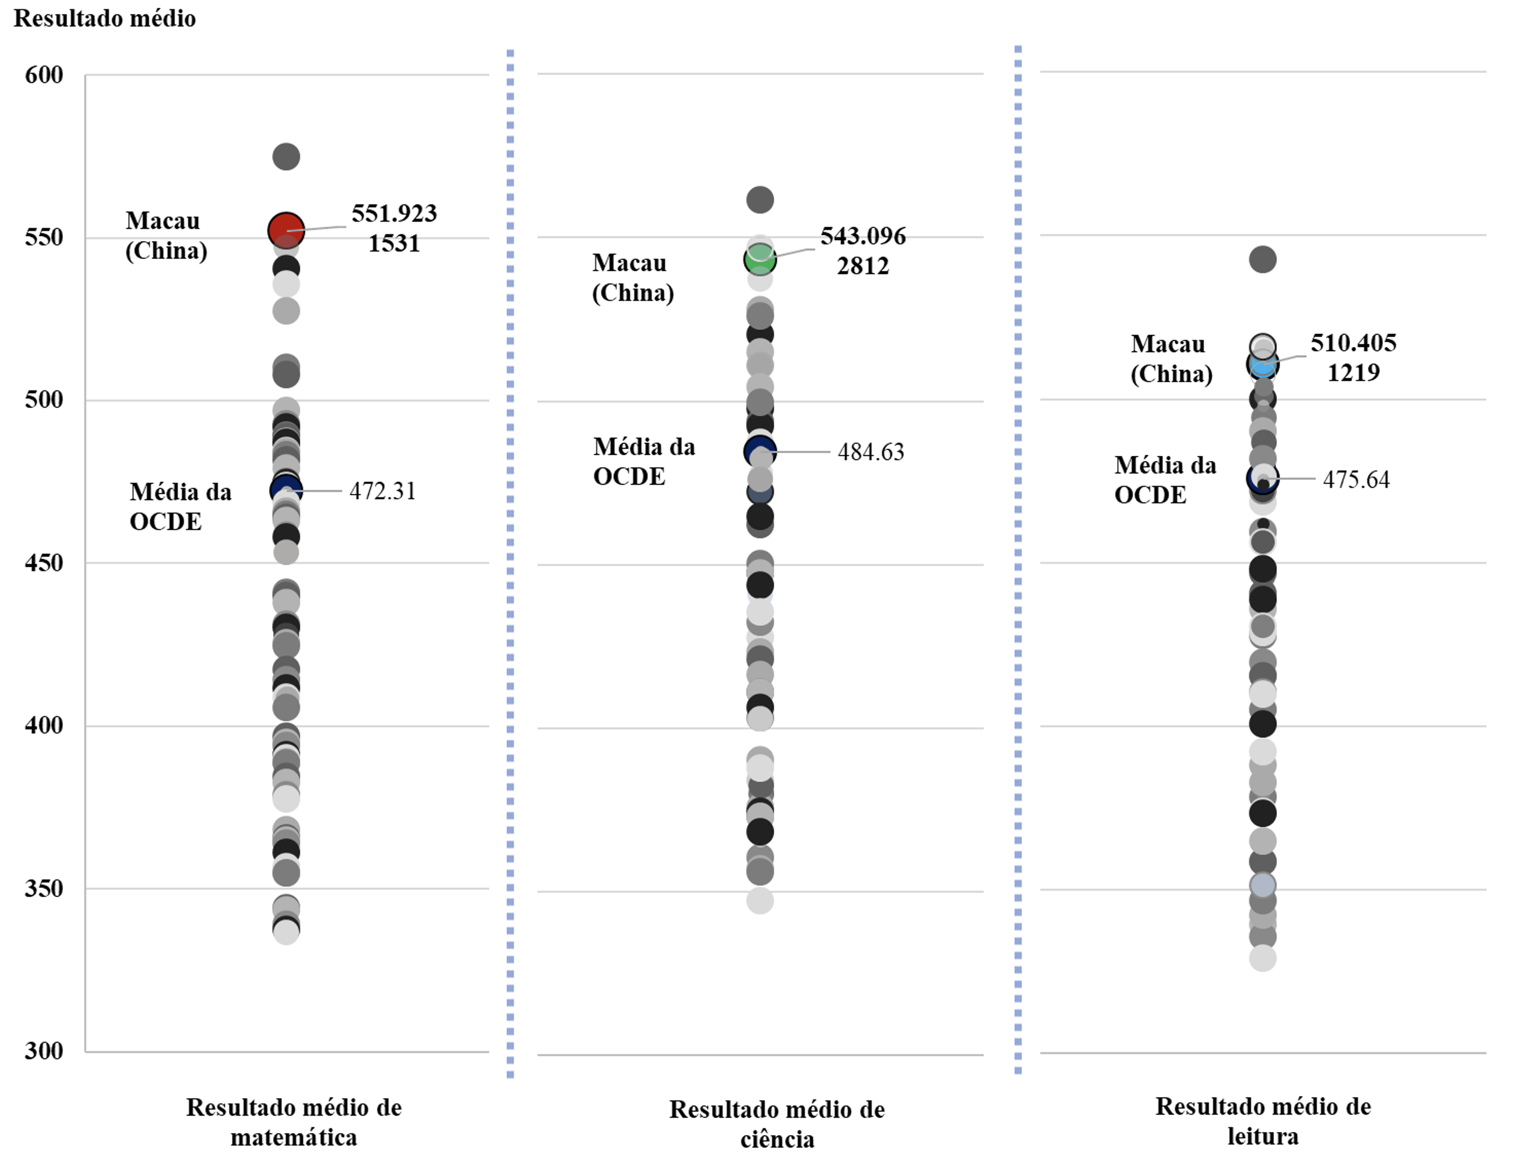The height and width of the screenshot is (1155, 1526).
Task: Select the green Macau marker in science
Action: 760,260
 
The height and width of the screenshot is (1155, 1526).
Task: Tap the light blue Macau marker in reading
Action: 1262,364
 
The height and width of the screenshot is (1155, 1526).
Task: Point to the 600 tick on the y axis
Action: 44,75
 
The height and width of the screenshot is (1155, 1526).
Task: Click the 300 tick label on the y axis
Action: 44,1051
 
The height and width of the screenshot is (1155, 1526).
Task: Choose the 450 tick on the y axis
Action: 44,562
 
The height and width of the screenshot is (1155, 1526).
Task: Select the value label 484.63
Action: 871,451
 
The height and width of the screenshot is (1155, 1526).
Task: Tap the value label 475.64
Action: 1355,479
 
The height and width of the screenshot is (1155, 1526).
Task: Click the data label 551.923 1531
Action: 394,228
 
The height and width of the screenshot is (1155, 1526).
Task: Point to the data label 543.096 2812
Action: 862,251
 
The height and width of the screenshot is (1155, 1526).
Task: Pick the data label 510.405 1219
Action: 1353,358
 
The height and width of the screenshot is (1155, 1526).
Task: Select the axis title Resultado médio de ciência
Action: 777,1124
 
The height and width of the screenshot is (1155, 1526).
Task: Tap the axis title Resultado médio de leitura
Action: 1263,1121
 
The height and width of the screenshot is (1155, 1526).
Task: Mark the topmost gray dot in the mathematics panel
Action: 285,157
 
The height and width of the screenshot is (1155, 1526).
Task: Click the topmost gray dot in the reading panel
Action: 1262,260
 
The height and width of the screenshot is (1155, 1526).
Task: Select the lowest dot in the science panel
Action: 760,900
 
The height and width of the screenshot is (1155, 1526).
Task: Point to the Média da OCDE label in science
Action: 644,461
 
